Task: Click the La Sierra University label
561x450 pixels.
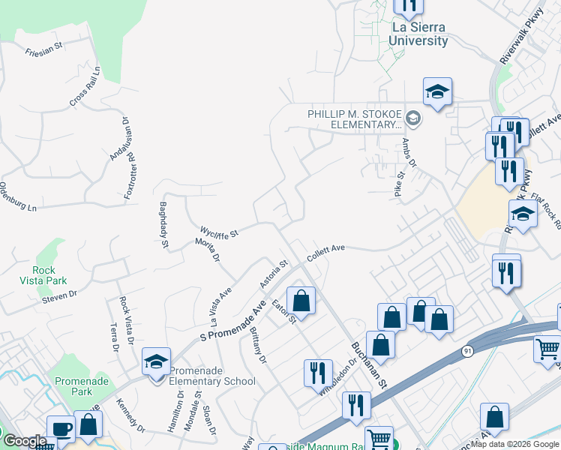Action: coord(421,34)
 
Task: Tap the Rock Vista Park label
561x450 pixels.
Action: coord(49,275)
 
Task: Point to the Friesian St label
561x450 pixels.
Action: coord(45,54)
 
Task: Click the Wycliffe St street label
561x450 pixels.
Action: coord(219,232)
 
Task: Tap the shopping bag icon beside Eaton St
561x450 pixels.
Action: coord(301,301)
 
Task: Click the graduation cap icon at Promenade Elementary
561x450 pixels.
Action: coord(157,363)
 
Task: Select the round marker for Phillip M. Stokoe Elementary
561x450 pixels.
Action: coord(412,119)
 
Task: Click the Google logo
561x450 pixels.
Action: coord(25,441)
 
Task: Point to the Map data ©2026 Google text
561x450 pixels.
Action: coord(514,444)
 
